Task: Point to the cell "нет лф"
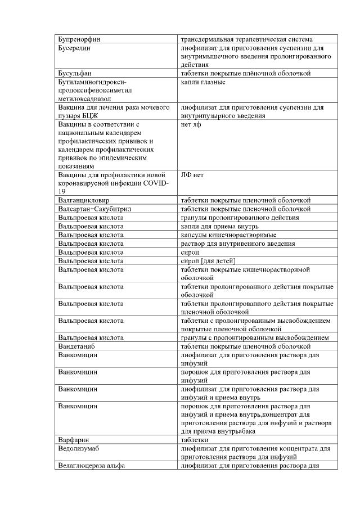[191, 124]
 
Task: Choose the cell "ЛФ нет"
[192, 175]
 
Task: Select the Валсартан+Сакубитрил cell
[94, 209]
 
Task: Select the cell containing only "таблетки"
[195, 440]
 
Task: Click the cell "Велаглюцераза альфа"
[91, 465]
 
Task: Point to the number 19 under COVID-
[62, 192]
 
